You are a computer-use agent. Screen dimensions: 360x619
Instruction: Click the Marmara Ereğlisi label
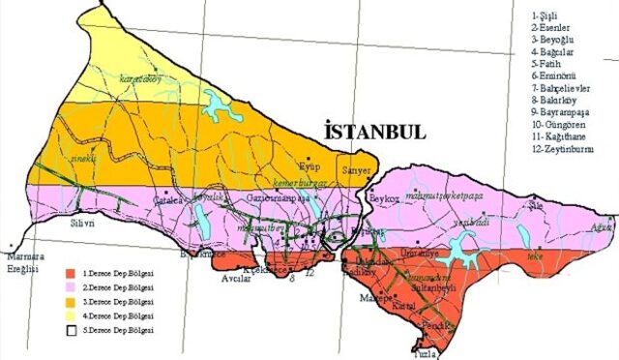22,263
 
